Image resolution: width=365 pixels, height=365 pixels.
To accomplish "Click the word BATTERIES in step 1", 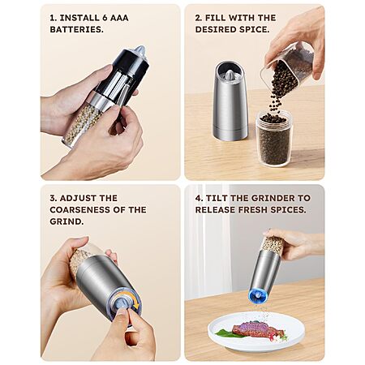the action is pyautogui.click(x=76, y=29).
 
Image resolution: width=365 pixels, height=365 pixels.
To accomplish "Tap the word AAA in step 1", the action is pyautogui.click(x=119, y=18).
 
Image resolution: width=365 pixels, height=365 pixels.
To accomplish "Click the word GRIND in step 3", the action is pyautogui.click(x=65, y=221).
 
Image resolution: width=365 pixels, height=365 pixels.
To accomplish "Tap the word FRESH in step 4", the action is pyautogui.click(x=253, y=210).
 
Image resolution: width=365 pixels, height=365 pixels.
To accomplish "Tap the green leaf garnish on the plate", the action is pyautogui.click(x=225, y=333).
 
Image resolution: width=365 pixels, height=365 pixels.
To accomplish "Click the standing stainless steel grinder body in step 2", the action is pyautogui.click(x=230, y=101).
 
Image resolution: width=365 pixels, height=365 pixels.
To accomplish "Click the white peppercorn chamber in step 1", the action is pyautogui.click(x=81, y=123).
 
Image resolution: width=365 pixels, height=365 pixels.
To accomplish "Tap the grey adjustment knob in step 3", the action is pyautogui.click(x=121, y=303).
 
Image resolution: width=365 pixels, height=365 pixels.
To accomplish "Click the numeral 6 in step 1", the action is pyautogui.click(x=105, y=18).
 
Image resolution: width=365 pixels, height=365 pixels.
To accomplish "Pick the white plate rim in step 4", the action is pyautogui.click(x=256, y=347).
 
